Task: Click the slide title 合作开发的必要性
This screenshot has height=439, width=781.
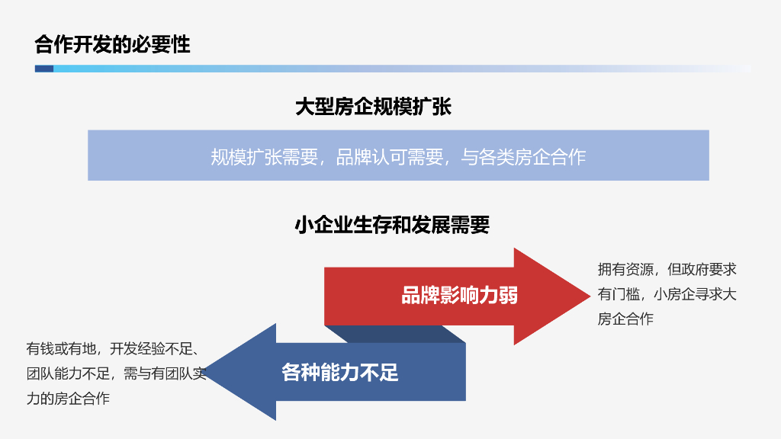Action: coord(112,45)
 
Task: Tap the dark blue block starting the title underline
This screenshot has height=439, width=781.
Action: coord(43,69)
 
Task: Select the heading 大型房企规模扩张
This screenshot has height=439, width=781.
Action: coord(373,107)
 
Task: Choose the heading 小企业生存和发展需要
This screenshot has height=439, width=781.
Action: coord(391,226)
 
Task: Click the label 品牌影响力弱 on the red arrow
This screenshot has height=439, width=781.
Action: coord(459,296)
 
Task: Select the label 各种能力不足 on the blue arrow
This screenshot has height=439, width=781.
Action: coord(340,373)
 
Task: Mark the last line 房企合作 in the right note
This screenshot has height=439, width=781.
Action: coord(625,319)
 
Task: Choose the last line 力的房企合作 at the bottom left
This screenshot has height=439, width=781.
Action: coord(68,399)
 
